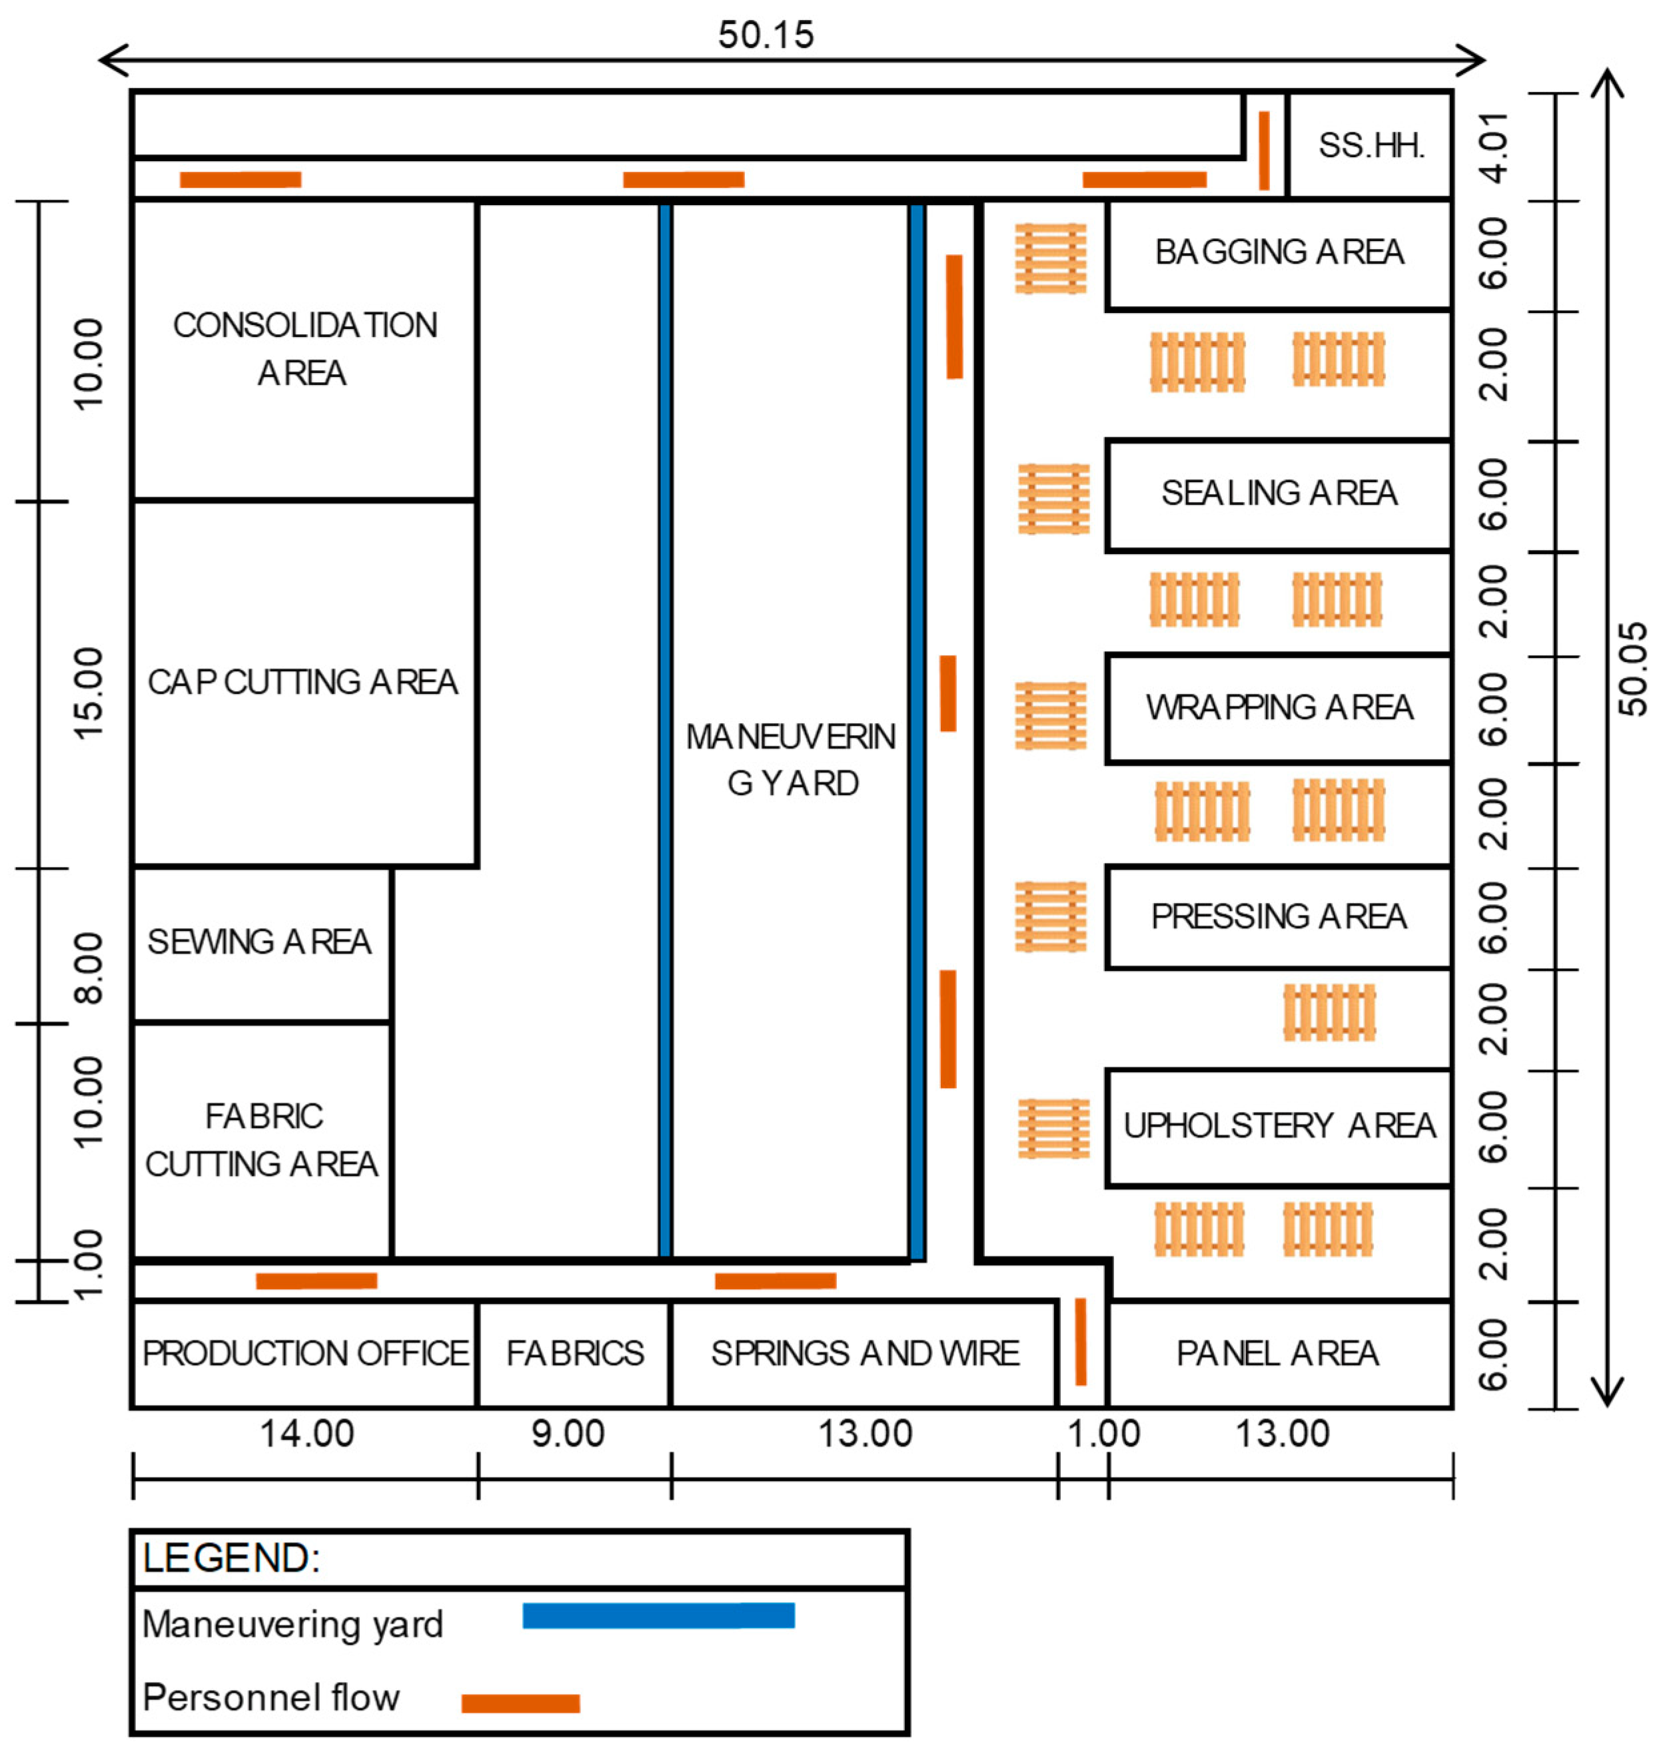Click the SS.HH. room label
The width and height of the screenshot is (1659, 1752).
click(x=1371, y=146)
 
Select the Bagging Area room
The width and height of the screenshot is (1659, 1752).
click(x=1279, y=254)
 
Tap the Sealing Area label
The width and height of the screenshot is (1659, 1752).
click(x=1279, y=493)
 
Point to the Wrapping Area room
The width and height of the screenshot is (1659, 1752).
click(x=1279, y=708)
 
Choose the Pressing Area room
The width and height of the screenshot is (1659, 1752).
click(x=1279, y=917)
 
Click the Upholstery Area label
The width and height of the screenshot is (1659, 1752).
click(x=1279, y=1126)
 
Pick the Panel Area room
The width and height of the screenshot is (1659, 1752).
click(x=1279, y=1353)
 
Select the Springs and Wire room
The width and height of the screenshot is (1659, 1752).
click(x=864, y=1353)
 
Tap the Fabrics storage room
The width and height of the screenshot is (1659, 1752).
click(x=575, y=1353)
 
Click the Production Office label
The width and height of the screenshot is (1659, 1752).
click(x=305, y=1353)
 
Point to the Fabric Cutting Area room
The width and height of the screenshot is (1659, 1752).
click(x=262, y=1140)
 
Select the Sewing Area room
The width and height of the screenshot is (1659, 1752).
click(x=260, y=942)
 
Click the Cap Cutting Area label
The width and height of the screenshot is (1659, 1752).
click(x=302, y=683)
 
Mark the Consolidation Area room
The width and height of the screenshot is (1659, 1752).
click(x=304, y=349)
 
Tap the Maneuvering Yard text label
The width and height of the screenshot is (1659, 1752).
click(x=792, y=760)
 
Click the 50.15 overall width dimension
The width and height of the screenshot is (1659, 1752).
click(x=766, y=35)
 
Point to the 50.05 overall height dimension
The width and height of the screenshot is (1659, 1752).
click(x=1632, y=669)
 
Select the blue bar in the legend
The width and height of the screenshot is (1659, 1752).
click(x=658, y=1616)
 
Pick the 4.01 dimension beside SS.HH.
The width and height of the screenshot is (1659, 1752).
click(x=1495, y=146)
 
